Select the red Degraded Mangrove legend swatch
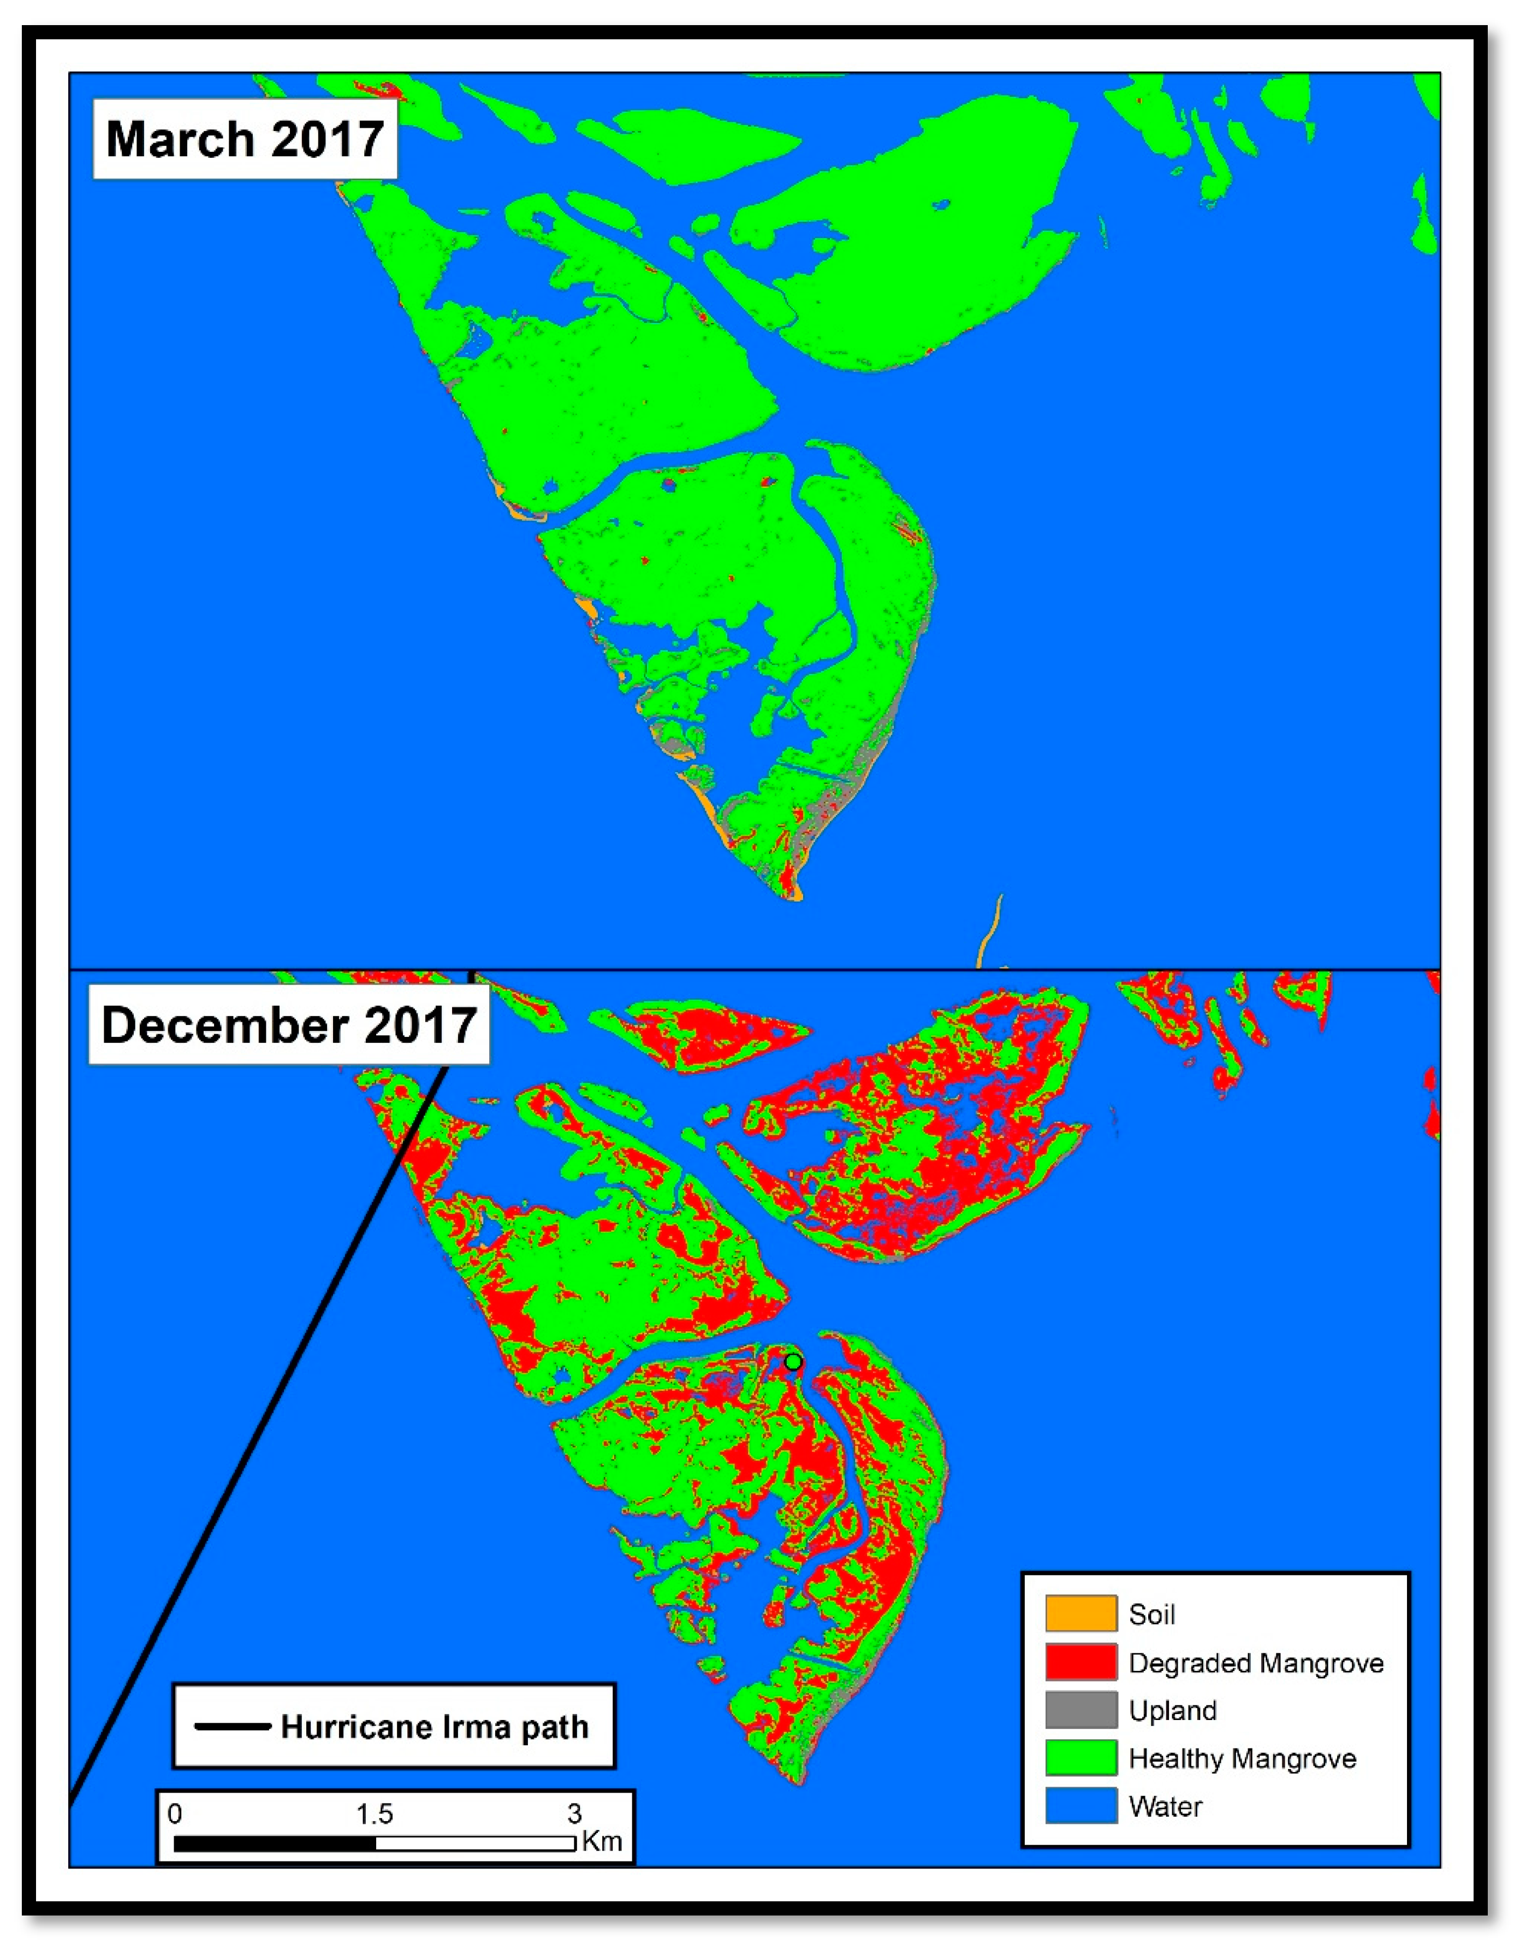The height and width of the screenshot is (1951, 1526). click(x=1081, y=1662)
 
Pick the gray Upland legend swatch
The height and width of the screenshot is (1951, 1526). click(x=1081, y=1710)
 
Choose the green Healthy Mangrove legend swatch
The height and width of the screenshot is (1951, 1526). click(x=1081, y=1757)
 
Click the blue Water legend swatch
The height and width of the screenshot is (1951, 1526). click(x=1081, y=1805)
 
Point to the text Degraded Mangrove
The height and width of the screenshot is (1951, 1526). click(x=1255, y=1663)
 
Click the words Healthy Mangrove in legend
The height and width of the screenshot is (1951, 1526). click(x=1242, y=1758)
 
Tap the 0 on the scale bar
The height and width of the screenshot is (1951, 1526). click(x=175, y=1813)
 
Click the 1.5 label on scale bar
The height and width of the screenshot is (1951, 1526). click(x=375, y=1813)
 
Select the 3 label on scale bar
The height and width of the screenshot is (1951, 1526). click(x=574, y=1813)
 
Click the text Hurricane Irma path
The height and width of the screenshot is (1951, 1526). click(x=434, y=1727)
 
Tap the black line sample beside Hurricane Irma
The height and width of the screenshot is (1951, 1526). click(x=232, y=1727)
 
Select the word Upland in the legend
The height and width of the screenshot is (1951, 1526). click(x=1172, y=1710)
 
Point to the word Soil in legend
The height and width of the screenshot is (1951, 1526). click(x=1151, y=1614)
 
